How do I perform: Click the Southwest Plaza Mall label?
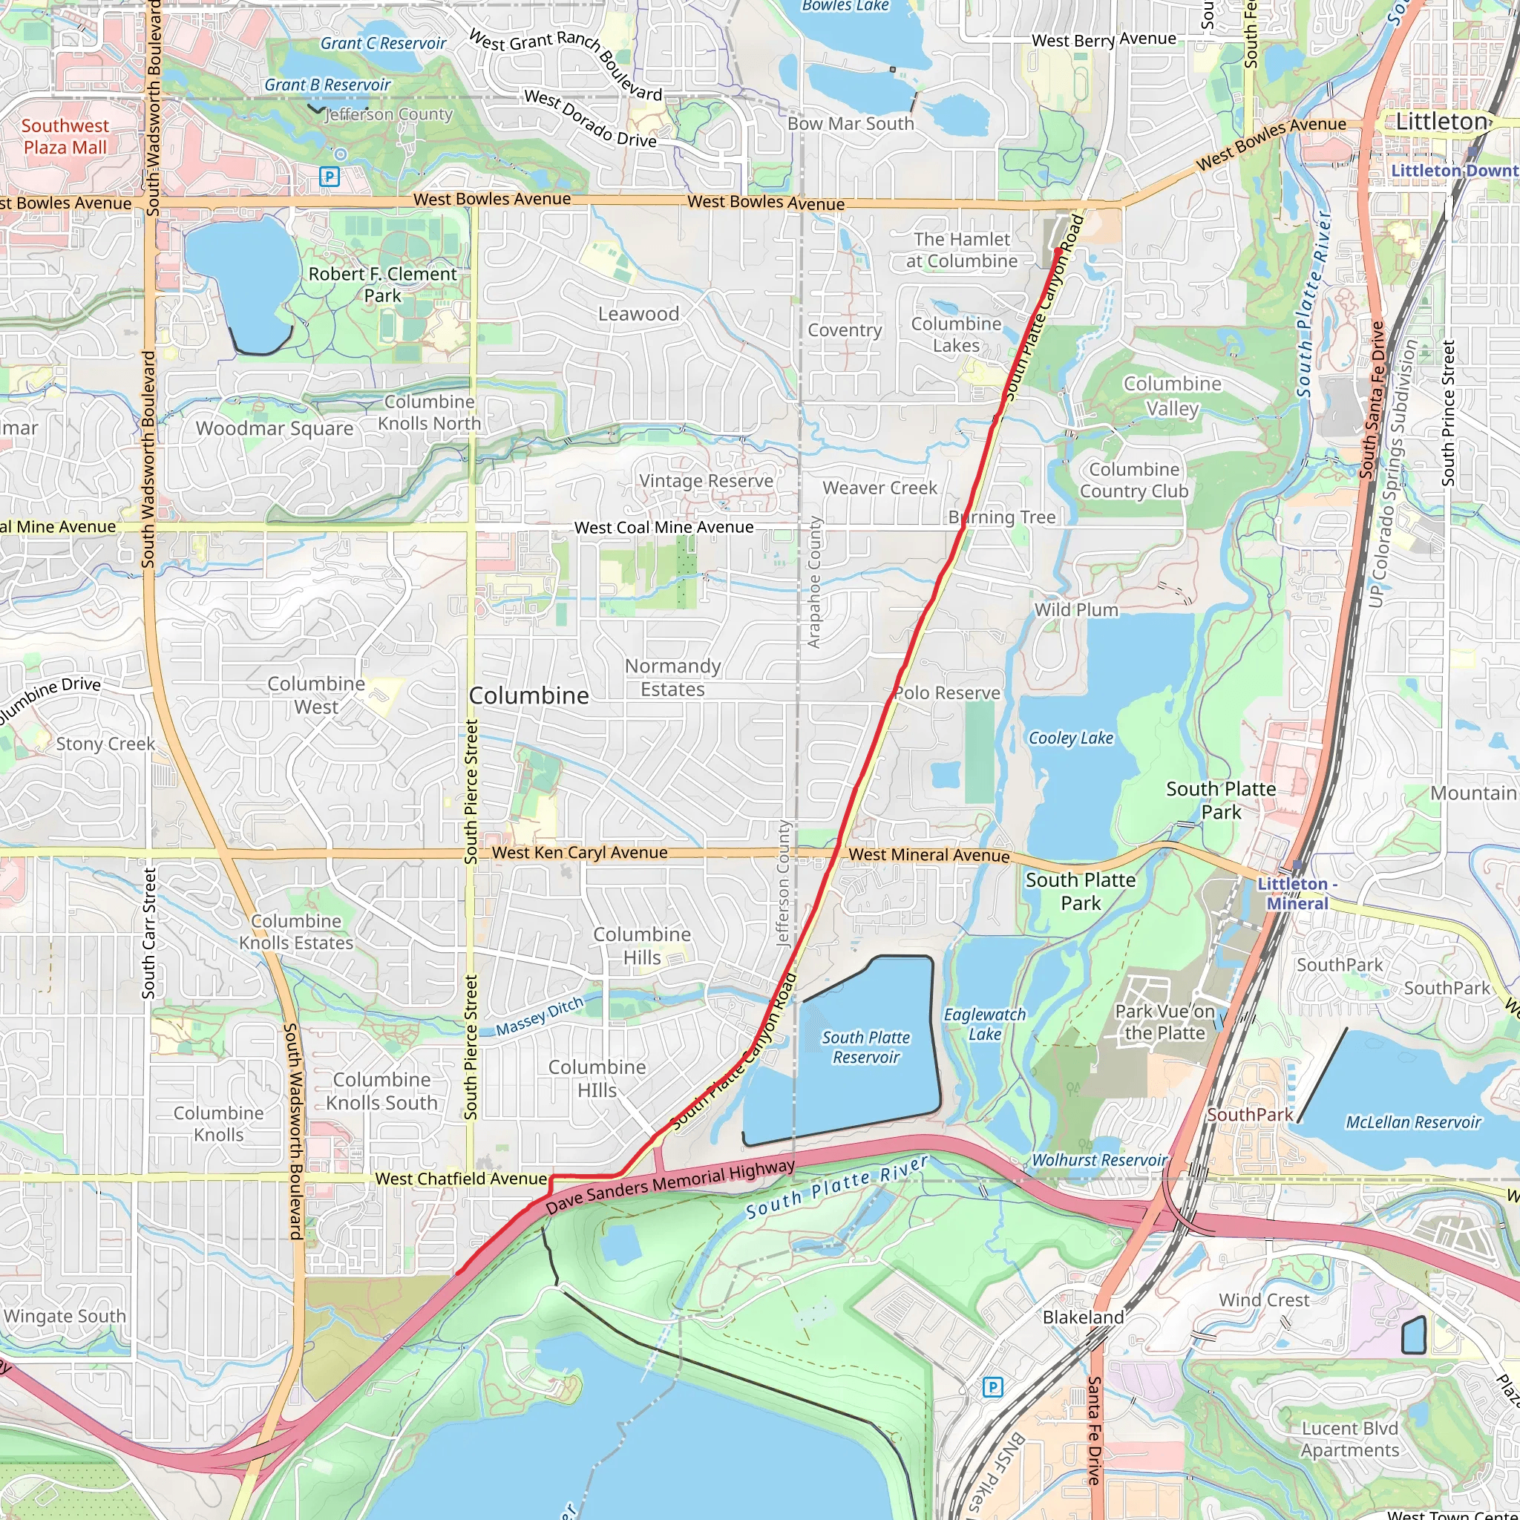65,137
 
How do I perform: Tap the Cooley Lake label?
1071,738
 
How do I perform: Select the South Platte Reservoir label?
865,1047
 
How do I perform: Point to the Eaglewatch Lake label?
985,1024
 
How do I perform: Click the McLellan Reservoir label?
1413,1122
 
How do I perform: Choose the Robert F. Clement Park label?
382,285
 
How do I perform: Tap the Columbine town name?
528,695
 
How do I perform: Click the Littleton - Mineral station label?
1297,894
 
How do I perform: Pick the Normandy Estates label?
672,678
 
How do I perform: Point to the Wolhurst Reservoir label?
1099,1160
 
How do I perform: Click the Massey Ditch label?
540,1016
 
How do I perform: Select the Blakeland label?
1084,1317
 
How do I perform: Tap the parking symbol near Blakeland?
993,1387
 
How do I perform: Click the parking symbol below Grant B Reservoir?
330,177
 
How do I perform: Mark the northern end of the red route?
1058,251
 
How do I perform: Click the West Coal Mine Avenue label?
664,527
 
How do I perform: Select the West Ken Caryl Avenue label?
580,853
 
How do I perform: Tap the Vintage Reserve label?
706,481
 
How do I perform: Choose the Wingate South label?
65,1316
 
